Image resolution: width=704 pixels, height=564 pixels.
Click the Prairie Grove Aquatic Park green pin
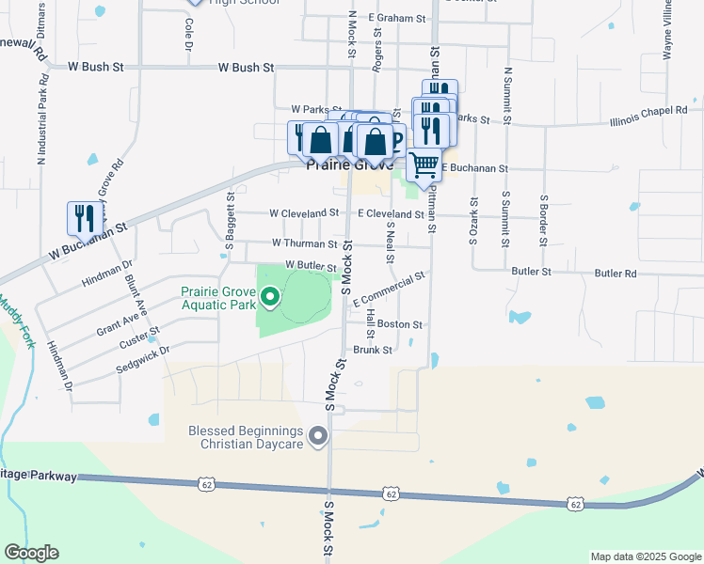pos(270,299)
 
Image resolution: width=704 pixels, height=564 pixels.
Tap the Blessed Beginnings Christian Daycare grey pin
pos(319,436)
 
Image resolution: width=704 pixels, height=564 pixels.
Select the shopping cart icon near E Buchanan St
pos(424,164)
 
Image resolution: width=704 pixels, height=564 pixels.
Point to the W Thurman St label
pos(304,243)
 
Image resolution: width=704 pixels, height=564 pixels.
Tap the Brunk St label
pos(372,350)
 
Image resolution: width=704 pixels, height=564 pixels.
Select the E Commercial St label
pos(389,289)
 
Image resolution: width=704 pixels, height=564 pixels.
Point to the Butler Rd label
pos(616,273)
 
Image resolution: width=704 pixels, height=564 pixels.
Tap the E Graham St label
pos(398,17)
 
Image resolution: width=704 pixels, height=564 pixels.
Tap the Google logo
pos(31,553)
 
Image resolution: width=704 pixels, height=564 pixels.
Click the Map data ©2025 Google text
pos(645,556)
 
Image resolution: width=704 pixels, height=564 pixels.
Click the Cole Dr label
pos(189,38)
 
